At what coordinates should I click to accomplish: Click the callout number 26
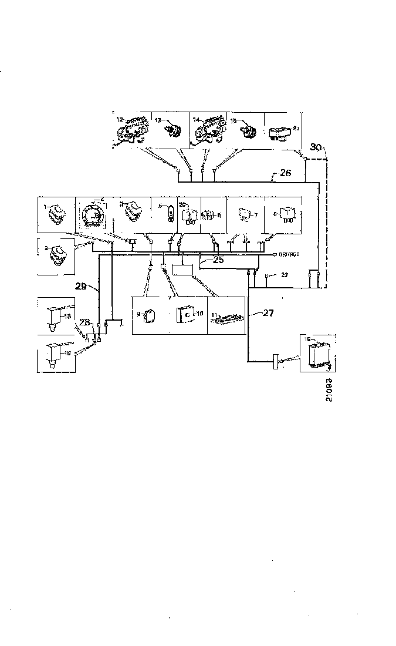point(286,173)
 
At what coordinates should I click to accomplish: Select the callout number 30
point(316,147)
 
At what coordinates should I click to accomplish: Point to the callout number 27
point(268,313)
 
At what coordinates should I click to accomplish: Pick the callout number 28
point(84,322)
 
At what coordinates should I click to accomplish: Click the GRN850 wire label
point(289,254)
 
